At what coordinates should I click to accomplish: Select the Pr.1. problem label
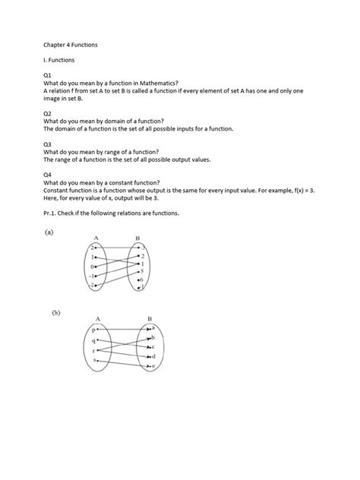(52, 213)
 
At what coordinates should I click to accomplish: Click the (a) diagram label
(49, 234)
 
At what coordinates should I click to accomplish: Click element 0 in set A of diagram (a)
(91, 267)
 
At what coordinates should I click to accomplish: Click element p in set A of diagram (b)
(93, 331)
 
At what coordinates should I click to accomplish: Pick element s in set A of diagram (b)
(93, 361)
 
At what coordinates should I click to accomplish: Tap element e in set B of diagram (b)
(153, 366)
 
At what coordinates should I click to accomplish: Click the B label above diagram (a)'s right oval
(137, 238)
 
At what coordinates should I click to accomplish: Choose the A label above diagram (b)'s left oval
(97, 318)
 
